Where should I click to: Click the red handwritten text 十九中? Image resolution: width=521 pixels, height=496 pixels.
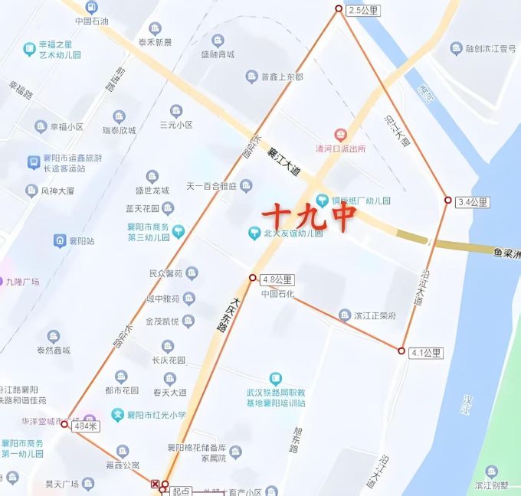[309, 216]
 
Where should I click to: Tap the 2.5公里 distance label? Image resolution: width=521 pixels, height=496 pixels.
[364, 11]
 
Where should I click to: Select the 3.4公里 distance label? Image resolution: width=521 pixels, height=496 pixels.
[472, 203]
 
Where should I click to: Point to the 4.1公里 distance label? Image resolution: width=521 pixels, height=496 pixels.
[426, 353]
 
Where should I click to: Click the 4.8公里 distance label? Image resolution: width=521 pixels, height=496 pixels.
[277, 279]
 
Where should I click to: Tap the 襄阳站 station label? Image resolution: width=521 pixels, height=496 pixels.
[80, 241]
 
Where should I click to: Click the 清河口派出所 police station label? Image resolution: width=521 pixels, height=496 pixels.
[341, 148]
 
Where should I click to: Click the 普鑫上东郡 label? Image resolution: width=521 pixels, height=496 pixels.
[282, 77]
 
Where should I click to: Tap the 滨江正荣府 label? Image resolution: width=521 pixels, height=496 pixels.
[375, 315]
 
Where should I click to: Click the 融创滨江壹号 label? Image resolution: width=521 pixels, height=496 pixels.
[491, 48]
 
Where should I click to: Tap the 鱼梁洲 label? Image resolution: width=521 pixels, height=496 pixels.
[506, 253]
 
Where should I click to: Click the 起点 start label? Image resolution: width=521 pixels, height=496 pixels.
[181, 489]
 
